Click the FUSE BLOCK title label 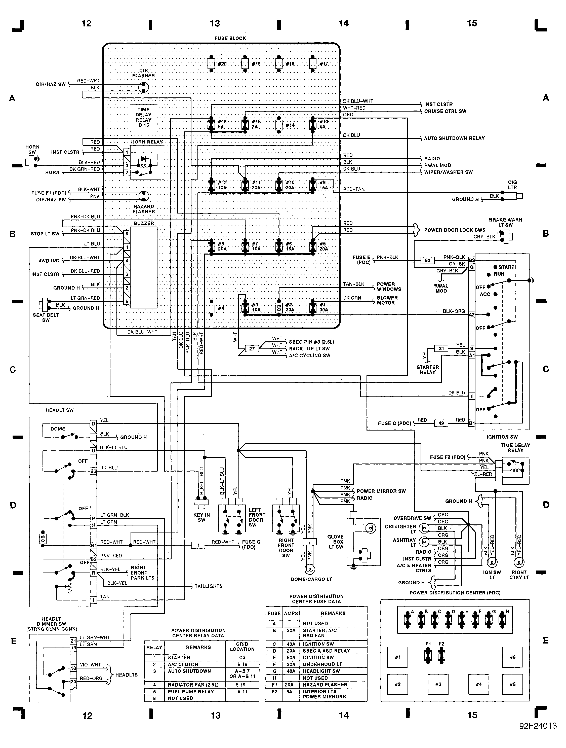(230, 38)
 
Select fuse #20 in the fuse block (211, 64)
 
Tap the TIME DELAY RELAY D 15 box (144, 118)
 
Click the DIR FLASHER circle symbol (144, 87)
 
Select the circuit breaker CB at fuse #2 (279, 307)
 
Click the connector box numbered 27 (252, 349)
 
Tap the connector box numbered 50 (427, 260)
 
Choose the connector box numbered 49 (441, 423)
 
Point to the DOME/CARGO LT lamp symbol (309, 569)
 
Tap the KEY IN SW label (201, 517)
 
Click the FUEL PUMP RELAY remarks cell (191, 692)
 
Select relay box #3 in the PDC (438, 684)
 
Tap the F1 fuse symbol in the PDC (428, 656)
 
